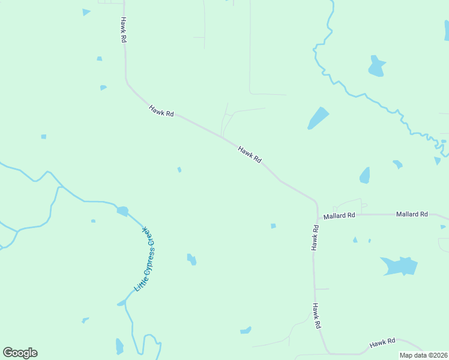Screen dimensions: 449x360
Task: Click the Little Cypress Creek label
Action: (145, 260)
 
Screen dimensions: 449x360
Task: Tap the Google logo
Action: (20, 353)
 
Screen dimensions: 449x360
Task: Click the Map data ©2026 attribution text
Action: (424, 355)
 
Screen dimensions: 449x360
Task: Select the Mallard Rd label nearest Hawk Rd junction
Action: (339, 215)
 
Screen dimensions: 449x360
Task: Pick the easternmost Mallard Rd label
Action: (412, 214)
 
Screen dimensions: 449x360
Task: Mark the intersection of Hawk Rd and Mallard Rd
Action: (316, 215)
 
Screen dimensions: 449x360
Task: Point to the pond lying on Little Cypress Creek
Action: (122, 211)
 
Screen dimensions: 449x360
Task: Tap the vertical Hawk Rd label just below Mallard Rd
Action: (315, 238)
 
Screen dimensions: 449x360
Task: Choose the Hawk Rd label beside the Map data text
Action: (382, 343)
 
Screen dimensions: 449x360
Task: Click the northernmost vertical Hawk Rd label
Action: (123, 29)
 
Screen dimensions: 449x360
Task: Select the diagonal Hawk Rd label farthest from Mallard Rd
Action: (161, 110)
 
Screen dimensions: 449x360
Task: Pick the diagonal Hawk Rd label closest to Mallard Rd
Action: (250, 155)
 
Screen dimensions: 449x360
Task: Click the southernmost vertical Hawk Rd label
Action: (316, 316)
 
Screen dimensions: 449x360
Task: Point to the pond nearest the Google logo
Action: (119, 346)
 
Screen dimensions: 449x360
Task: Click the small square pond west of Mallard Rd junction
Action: (273, 226)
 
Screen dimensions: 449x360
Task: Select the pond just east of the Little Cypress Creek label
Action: (191, 259)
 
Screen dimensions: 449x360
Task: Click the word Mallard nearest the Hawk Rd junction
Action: (334, 215)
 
